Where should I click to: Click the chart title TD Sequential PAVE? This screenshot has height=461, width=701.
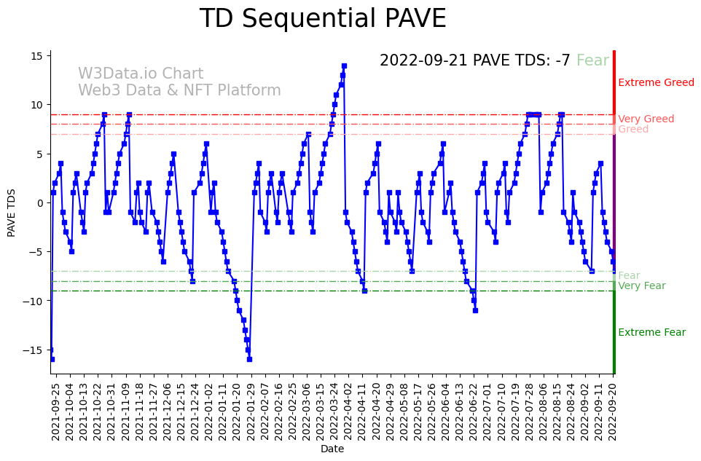(322, 19)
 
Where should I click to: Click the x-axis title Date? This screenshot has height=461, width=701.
(332, 449)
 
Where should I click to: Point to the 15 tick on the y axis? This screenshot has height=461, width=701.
(41, 55)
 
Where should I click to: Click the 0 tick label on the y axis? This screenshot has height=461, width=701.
(41, 202)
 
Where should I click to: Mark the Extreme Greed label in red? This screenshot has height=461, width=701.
(656, 82)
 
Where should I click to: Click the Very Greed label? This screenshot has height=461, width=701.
(646, 119)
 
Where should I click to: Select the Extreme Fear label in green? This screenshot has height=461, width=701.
(651, 333)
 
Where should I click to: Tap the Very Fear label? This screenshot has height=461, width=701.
(641, 285)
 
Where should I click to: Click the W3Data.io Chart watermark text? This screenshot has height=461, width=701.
(141, 74)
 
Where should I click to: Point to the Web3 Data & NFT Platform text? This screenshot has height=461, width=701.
(179, 90)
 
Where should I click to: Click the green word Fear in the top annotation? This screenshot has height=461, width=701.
(592, 60)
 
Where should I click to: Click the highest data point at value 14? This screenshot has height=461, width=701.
(344, 66)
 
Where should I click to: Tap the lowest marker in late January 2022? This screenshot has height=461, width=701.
(249, 359)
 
